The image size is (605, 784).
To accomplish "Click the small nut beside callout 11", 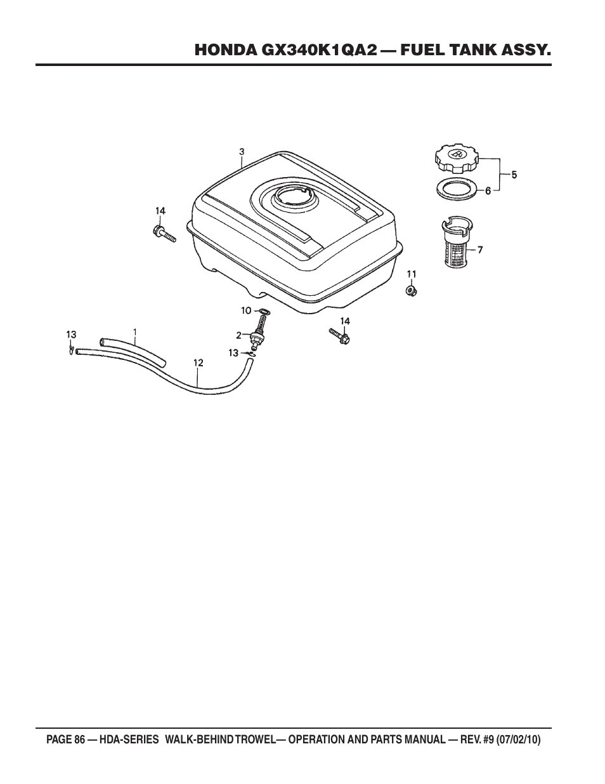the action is click(410, 290).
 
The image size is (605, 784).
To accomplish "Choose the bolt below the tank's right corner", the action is click(340, 336).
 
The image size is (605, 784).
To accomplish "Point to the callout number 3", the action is click(242, 152).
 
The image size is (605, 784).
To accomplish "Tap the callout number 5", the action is click(514, 175).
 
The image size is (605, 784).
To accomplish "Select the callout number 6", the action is click(488, 190).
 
